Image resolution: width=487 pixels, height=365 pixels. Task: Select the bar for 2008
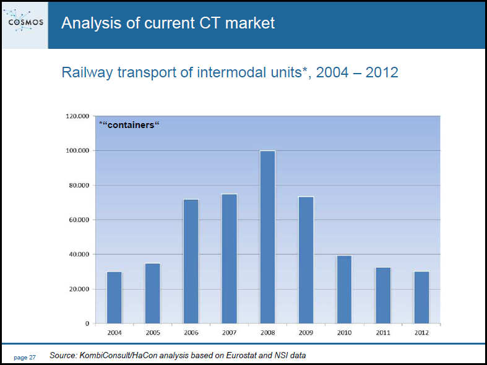point(268,237)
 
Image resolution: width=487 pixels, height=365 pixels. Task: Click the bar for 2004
point(114,298)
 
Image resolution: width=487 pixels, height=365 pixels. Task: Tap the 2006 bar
point(191,261)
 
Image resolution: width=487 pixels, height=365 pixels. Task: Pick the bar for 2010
point(345,290)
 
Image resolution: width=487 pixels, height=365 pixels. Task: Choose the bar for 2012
point(421,298)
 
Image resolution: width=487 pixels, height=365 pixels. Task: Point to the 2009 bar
point(306,260)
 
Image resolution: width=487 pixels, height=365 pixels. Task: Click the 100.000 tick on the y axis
point(77,151)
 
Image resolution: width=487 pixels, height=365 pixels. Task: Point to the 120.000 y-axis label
point(77,116)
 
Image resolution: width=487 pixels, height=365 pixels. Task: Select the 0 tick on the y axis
point(87,324)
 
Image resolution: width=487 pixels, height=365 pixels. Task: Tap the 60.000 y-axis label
point(79,220)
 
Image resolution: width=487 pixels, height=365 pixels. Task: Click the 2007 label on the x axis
point(230,333)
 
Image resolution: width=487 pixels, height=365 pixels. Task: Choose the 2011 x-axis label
point(383,333)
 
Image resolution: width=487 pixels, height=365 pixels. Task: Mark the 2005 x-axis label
point(153,333)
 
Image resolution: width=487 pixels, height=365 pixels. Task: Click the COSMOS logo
point(25,21)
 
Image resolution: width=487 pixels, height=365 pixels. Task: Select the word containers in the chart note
point(131,125)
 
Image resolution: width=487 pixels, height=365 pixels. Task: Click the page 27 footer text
point(25,358)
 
